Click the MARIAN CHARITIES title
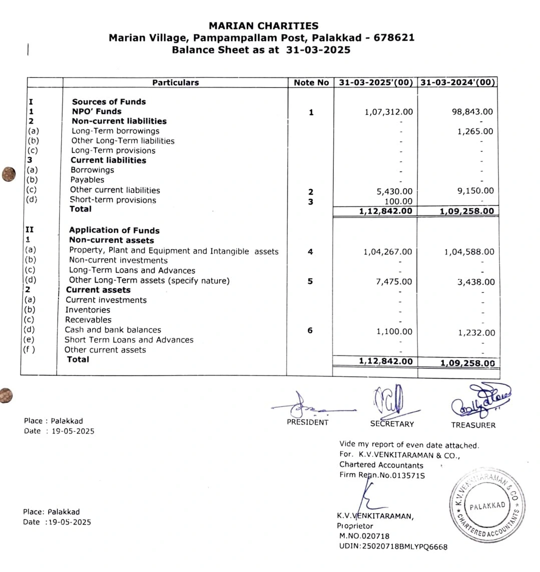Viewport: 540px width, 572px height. pos(263,25)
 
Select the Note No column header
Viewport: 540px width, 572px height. pos(311,82)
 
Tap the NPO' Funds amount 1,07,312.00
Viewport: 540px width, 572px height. pos(388,112)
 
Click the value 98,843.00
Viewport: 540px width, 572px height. pos(472,111)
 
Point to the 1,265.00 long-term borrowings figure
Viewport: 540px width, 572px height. pos(475,131)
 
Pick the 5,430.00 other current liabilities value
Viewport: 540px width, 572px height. pos(394,191)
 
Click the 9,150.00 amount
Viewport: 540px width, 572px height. pos(475,190)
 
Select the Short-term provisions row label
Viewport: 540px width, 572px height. pos(113,200)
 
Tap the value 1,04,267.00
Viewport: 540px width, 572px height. pos(388,252)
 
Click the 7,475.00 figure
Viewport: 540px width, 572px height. pos(394,282)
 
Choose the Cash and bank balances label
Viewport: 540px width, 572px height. pos(113,330)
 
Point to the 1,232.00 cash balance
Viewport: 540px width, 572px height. pos(476,332)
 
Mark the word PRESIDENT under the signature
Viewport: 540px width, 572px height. pos(307,422)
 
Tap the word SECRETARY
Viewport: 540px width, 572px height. pos(392,424)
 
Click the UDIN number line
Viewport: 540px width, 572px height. pos(393,546)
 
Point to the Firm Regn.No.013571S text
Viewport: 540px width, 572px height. pos(382,475)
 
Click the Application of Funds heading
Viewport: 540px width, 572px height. pos(114,230)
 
